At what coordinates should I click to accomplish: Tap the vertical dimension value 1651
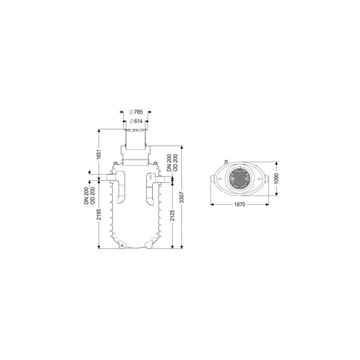[x=99, y=156]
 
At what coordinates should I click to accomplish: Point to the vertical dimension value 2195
[x=99, y=214]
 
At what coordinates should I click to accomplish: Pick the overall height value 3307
[x=182, y=197]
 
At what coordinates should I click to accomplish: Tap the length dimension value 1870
[x=240, y=204]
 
